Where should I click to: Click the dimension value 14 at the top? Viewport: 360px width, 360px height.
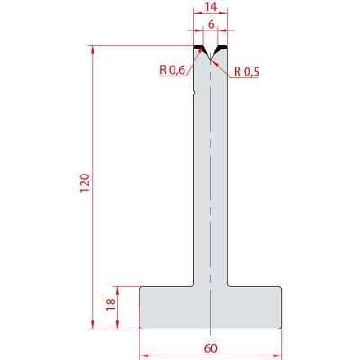tap(211, 6)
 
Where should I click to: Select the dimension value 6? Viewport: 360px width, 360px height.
tap(211, 24)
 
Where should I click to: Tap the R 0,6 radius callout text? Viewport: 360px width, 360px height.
tap(172, 70)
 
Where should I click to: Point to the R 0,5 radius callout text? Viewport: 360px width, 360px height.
tap(247, 72)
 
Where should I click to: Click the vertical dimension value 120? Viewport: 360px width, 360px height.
tap(85, 183)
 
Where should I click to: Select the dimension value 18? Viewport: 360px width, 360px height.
tap(111, 305)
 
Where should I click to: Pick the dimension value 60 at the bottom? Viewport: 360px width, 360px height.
tap(211, 348)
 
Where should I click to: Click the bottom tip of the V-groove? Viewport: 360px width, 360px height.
tap(211, 59)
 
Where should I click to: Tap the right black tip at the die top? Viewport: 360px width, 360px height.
tap(221, 48)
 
